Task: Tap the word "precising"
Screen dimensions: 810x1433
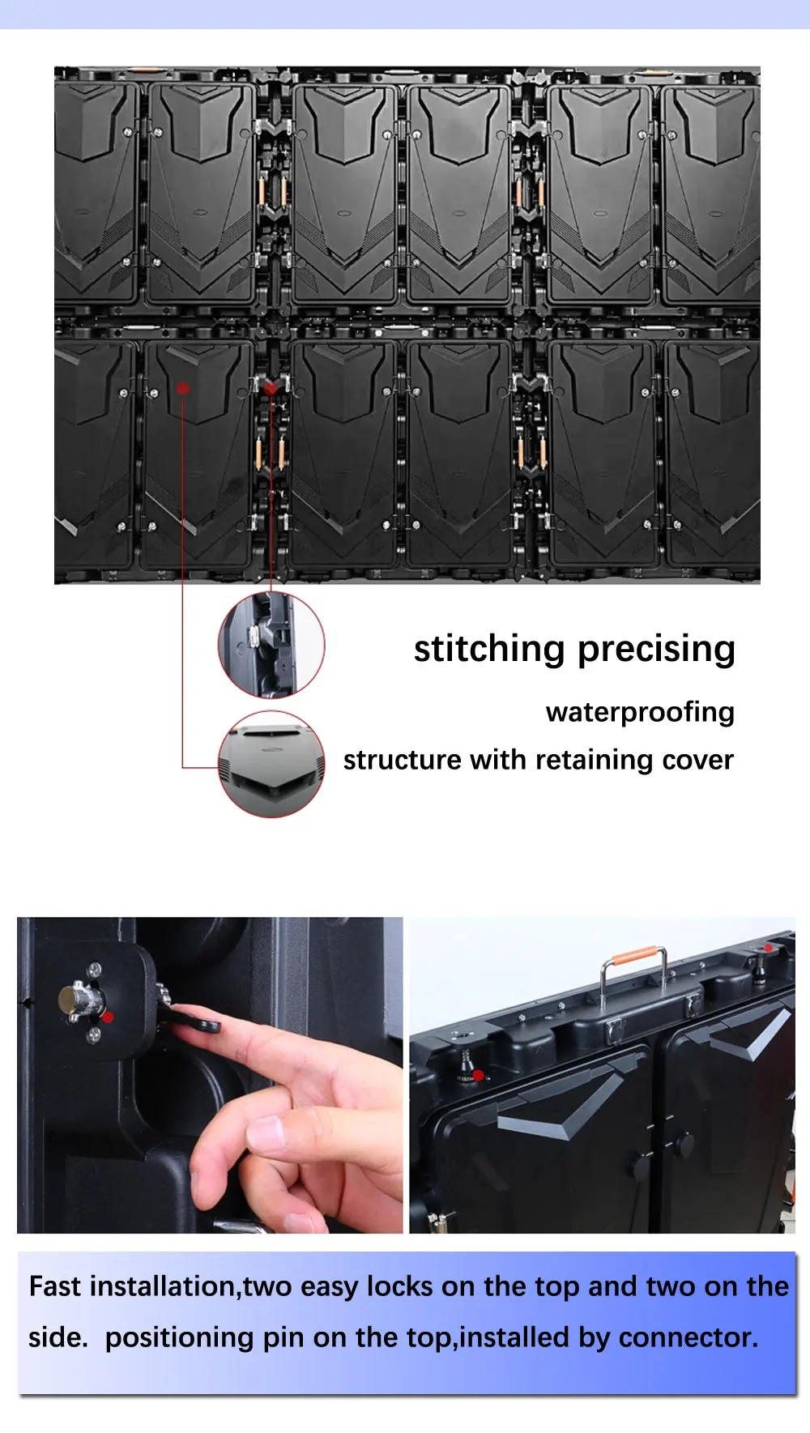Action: tap(657, 650)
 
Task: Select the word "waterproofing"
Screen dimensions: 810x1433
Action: tap(640, 713)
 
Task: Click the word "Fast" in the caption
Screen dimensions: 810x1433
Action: tap(55, 1286)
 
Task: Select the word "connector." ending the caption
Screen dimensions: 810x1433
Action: tap(688, 1337)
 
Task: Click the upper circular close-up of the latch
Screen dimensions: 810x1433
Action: tap(271, 645)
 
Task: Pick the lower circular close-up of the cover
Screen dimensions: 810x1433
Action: tap(271, 765)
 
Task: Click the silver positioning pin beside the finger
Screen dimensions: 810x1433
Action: tap(82, 998)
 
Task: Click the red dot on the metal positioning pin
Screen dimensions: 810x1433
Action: tap(109, 1017)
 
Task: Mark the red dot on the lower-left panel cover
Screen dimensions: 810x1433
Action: tap(183, 388)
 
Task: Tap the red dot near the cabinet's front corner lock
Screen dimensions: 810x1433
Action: tap(478, 1076)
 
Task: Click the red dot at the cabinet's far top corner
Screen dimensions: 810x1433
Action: tap(768, 948)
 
